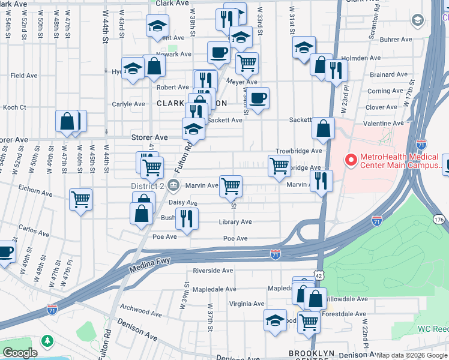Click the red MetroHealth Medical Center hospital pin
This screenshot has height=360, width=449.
[350, 160]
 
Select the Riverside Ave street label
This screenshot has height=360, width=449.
[212, 271]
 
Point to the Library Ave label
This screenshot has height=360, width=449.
[235, 222]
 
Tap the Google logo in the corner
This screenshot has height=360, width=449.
[19, 353]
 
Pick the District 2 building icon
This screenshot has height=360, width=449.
[174, 184]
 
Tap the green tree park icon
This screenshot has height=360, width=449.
[47, 340]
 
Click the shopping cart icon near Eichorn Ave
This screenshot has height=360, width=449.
[80, 199]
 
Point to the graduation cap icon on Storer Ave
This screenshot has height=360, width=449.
[193, 128]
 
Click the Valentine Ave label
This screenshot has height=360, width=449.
[384, 123]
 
